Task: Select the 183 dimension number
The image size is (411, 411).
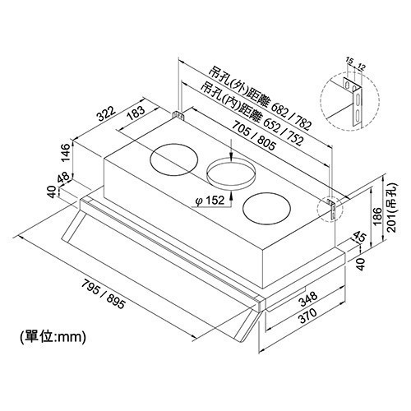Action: [x=136, y=113]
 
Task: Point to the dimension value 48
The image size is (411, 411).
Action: [x=63, y=178]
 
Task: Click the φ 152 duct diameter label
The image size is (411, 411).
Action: [x=210, y=201]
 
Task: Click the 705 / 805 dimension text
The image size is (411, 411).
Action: [x=253, y=136]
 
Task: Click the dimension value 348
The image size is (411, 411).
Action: [x=309, y=299]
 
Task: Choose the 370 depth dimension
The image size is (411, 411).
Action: [x=307, y=316]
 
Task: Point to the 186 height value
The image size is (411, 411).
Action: [x=377, y=216]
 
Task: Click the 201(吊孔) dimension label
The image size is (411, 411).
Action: [x=392, y=208]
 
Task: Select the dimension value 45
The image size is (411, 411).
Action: [x=358, y=237]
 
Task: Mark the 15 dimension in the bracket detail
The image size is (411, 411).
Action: [x=349, y=61]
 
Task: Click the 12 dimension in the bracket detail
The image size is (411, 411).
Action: [x=362, y=67]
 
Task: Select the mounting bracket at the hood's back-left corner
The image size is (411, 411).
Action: [x=178, y=115]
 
